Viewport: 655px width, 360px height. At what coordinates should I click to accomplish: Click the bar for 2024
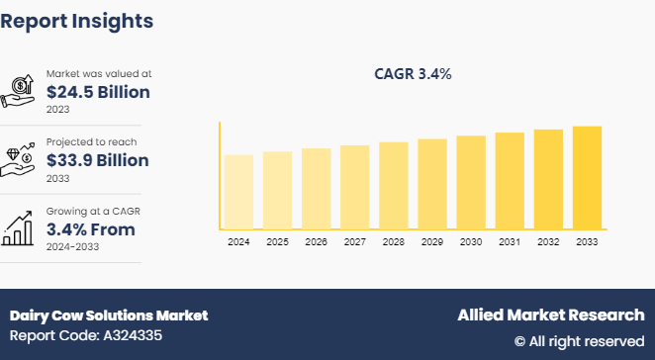pos(238,192)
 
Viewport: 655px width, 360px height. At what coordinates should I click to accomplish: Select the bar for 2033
pos(587,178)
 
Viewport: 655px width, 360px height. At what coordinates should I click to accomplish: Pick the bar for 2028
pos(394,186)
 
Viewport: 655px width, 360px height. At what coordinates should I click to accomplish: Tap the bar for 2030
pos(471,182)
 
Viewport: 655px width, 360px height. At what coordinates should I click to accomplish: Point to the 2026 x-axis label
pos(317,241)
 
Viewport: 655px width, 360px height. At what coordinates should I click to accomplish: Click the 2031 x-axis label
pos(510,241)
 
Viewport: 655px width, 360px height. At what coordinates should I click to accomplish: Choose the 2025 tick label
pos(277,241)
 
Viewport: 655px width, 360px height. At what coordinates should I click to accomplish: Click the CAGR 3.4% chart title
pos(415,73)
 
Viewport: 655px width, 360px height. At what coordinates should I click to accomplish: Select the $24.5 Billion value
pos(98,92)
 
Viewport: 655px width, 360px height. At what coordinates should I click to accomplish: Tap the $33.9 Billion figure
pos(98,160)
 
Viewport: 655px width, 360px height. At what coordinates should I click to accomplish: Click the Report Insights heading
pos(77,20)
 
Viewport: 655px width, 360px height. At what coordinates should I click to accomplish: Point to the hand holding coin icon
pos(21,91)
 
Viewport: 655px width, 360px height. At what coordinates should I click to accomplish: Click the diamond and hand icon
pos(21,159)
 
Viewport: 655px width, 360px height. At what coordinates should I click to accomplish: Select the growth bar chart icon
pos(21,228)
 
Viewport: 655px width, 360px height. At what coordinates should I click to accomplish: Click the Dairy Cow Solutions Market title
pos(109,315)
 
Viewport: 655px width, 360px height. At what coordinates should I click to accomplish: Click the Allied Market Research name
pos(550,315)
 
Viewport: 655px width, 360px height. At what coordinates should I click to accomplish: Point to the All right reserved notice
pos(579,341)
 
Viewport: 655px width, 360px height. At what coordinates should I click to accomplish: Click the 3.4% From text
pos(91,229)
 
